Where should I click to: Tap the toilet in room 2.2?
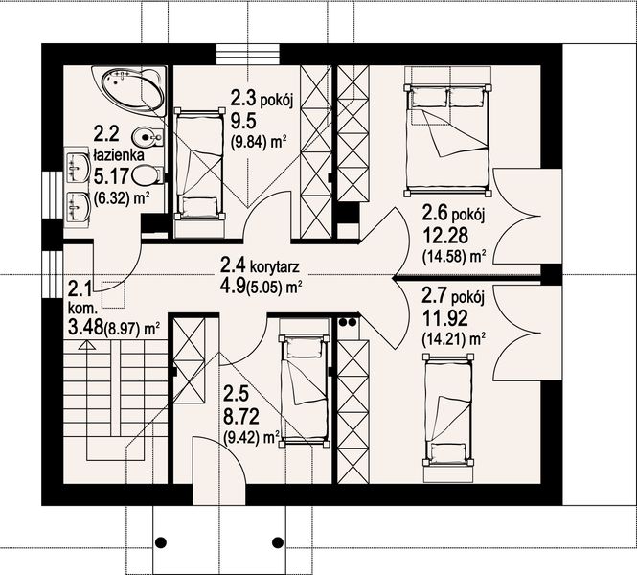point(148,175)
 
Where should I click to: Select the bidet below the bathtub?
point(148,136)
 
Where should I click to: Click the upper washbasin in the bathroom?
point(78,167)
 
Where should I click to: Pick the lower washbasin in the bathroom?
point(78,206)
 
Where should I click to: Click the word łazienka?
point(119,155)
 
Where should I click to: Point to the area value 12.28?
point(445,235)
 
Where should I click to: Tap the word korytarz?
point(275,267)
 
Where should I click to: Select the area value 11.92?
point(444,318)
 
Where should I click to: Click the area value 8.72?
point(241,417)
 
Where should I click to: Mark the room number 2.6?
point(435,213)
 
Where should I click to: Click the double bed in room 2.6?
point(447,138)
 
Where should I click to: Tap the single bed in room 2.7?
point(448,411)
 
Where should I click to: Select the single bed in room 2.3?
point(199,164)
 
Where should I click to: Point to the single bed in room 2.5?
point(304,391)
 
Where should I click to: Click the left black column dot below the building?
point(161,541)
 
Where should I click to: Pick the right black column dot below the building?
point(278,541)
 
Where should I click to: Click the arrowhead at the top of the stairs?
point(86,346)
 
